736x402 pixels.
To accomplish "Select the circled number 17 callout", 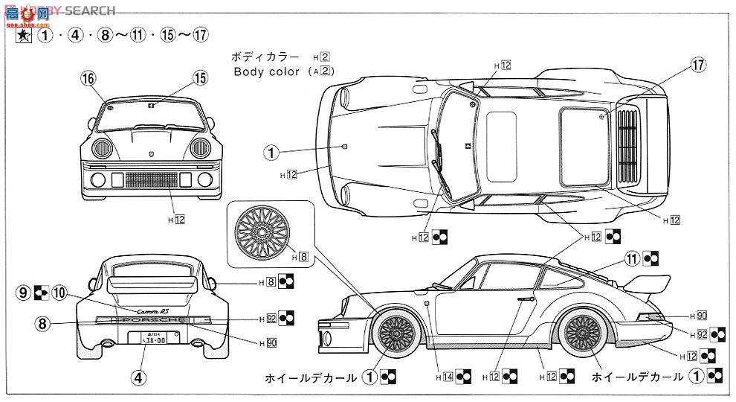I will [697, 66].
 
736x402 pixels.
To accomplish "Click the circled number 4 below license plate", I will [138, 376].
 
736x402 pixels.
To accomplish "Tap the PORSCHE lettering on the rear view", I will [155, 319].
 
